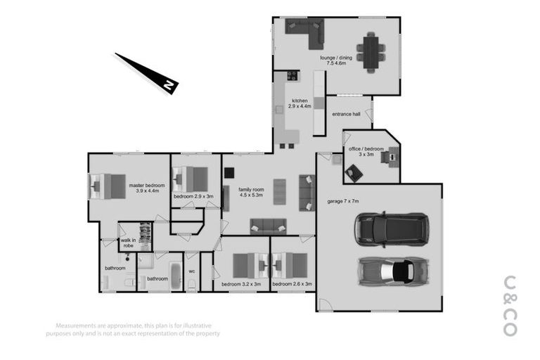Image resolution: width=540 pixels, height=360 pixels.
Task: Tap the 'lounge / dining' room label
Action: (x=336, y=58)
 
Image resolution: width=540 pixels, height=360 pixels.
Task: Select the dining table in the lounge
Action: (x=371, y=51)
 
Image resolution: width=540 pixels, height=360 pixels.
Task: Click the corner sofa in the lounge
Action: (x=304, y=31)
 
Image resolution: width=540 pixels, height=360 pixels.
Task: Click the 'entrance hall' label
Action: (x=346, y=114)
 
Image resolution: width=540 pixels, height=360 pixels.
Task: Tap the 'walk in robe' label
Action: (x=127, y=243)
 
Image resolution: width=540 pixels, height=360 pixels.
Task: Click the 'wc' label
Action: (x=191, y=270)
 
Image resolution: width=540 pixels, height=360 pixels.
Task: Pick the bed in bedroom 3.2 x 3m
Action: (x=243, y=265)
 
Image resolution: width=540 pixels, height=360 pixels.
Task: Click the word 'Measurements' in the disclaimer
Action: (x=77, y=326)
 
